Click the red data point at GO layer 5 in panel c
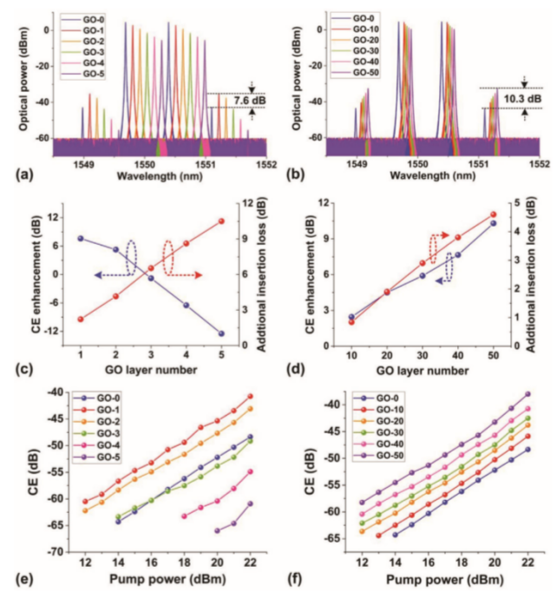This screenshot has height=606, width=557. (221, 221)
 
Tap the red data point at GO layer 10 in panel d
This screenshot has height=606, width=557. (351, 322)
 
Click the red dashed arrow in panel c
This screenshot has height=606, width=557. (186, 273)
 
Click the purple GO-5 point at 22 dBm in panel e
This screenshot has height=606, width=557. (251, 504)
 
